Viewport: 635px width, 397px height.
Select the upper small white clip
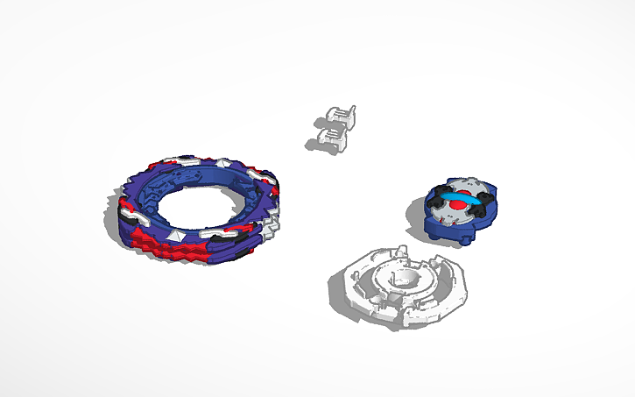click(x=341, y=117)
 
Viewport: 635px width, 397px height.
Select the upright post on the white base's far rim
click(x=399, y=251)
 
